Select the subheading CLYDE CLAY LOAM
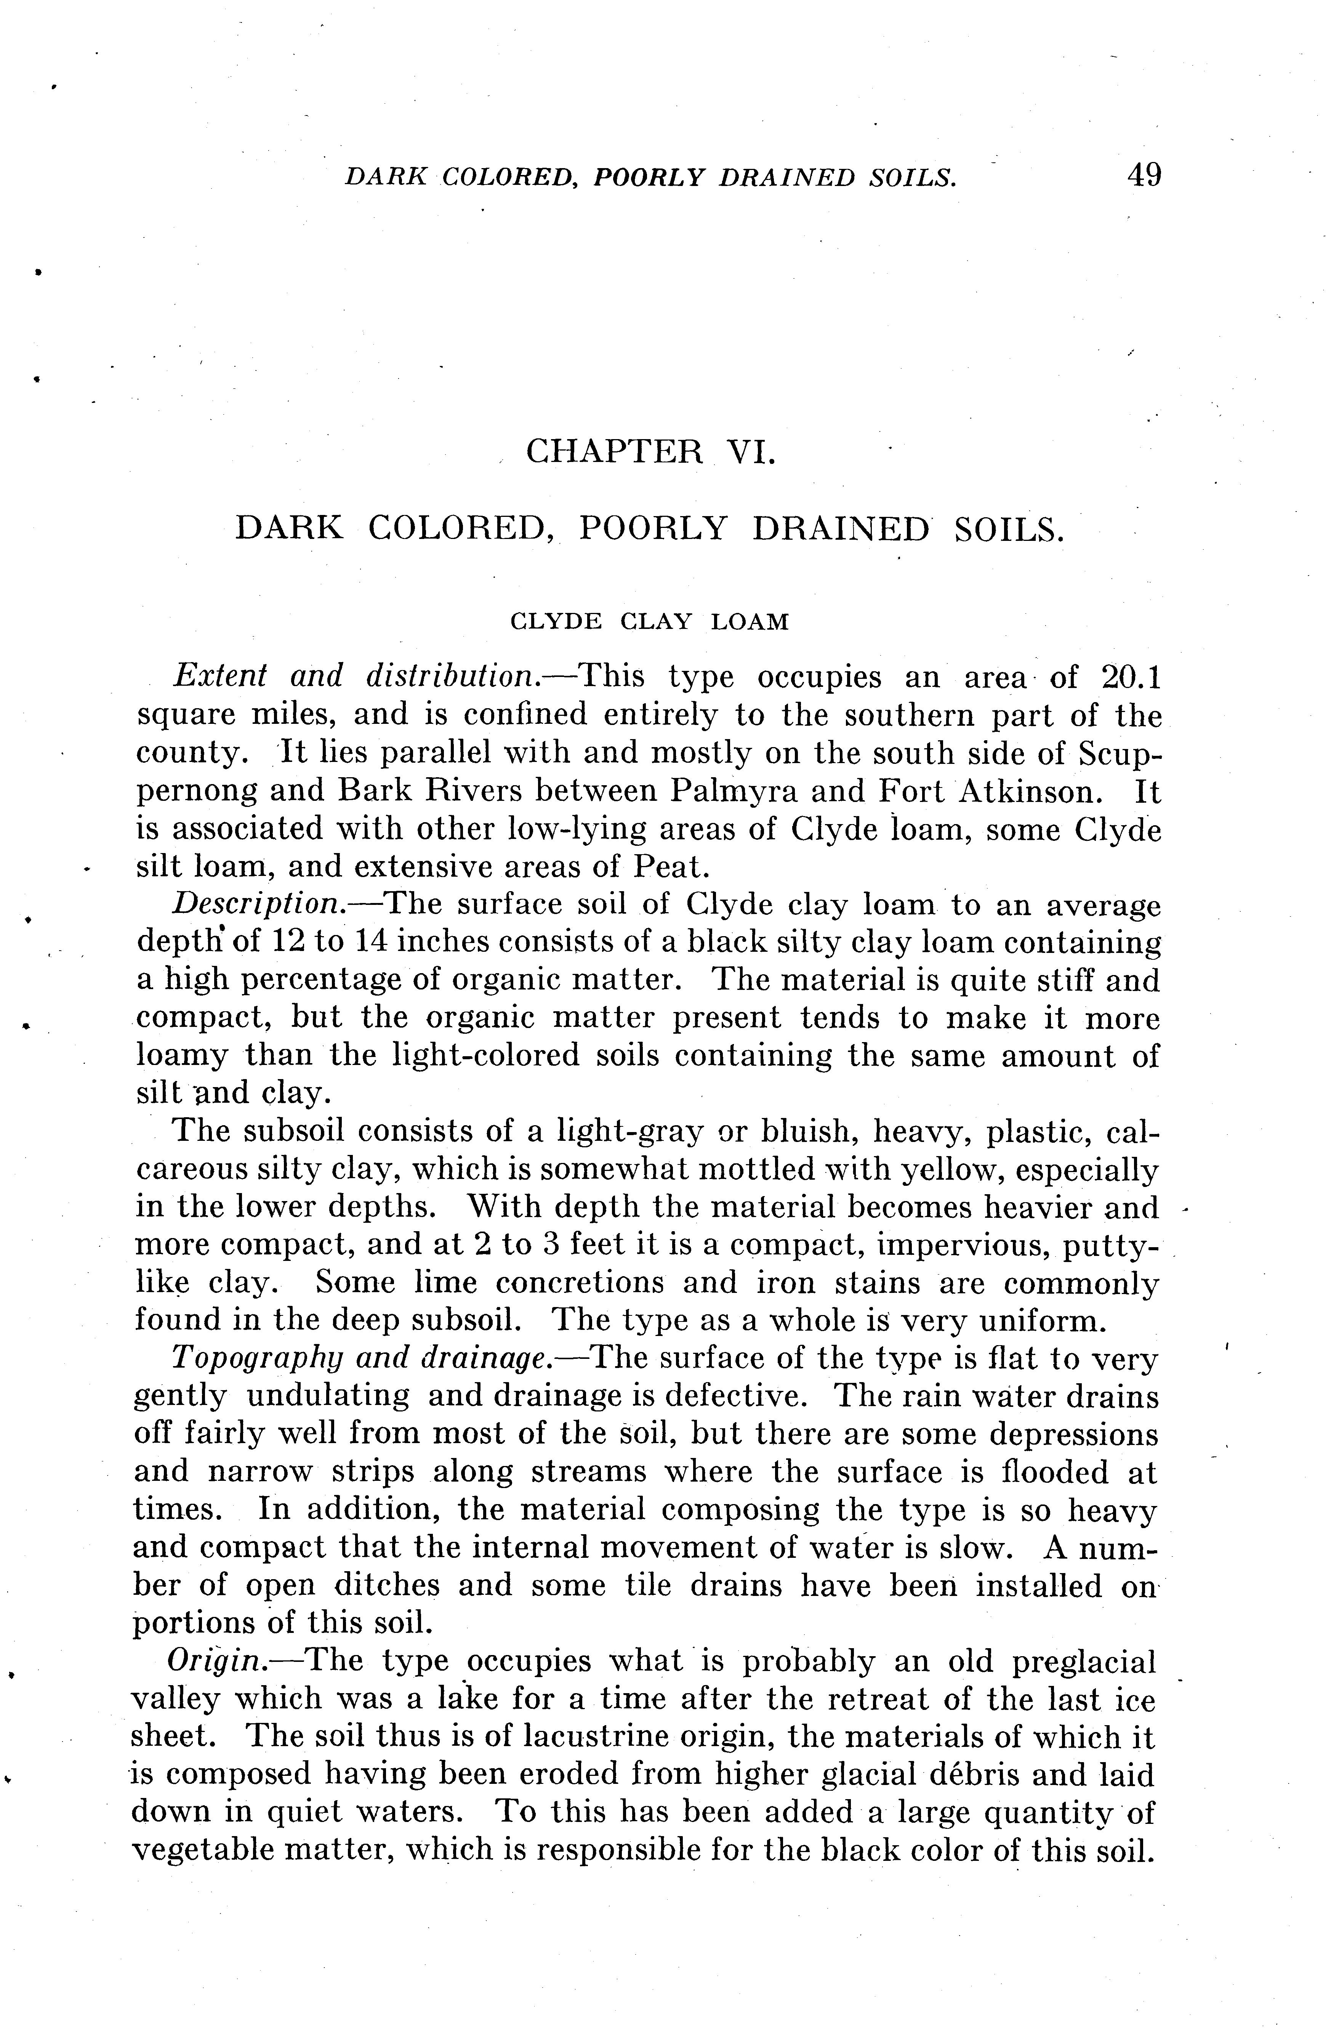649,622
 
